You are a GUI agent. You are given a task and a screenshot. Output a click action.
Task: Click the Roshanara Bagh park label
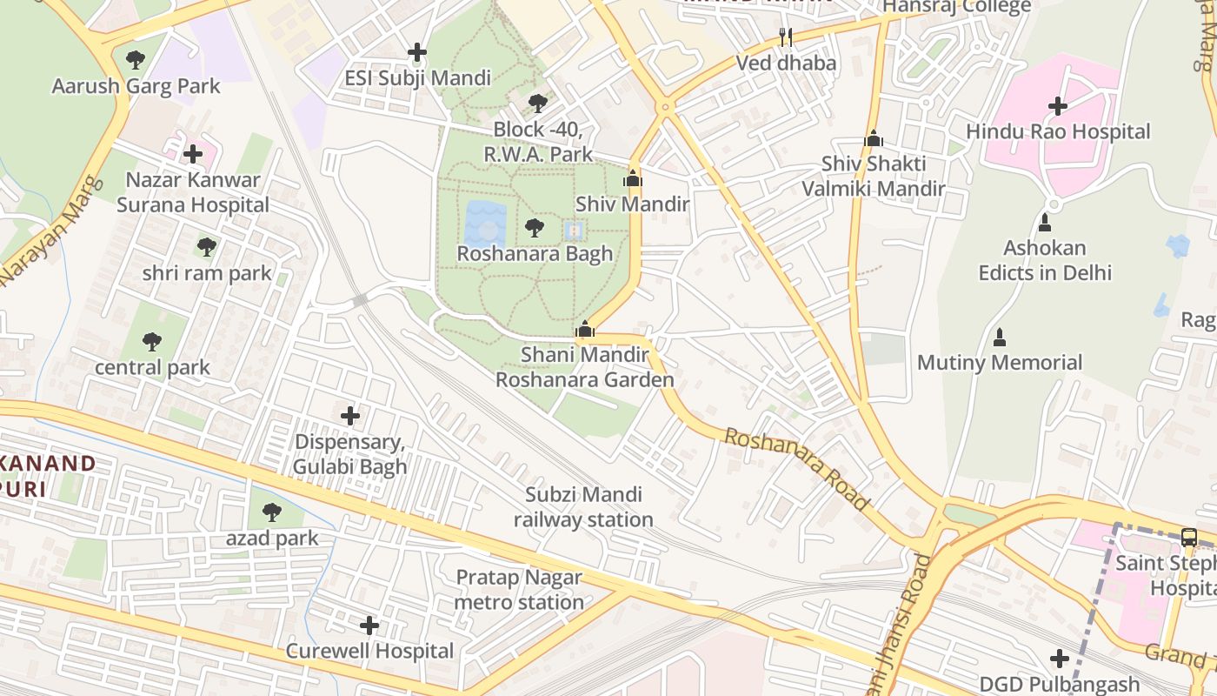tap(535, 254)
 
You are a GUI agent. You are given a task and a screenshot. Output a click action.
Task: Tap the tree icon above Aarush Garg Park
tap(135, 60)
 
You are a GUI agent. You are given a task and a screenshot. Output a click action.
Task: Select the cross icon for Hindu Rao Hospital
tap(1057, 106)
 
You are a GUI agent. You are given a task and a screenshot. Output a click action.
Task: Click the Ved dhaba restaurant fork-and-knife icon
tap(786, 37)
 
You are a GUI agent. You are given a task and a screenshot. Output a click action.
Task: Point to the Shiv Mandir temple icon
tap(632, 179)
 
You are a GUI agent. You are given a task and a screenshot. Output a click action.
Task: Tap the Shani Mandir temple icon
tap(585, 329)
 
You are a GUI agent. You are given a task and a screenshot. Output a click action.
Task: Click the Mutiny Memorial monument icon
tap(1000, 337)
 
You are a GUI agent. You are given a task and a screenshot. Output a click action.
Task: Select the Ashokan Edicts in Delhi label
tap(1045, 260)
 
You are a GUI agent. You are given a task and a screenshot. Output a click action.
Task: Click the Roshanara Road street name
tap(796, 468)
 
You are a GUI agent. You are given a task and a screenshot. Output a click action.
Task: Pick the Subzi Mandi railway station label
tap(583, 507)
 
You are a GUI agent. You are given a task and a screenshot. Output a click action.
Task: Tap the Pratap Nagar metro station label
tap(519, 590)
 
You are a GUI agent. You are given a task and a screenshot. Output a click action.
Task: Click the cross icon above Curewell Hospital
tap(369, 625)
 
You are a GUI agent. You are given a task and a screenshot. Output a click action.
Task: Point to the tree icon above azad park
tap(272, 512)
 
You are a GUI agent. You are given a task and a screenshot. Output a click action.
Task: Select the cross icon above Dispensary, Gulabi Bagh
tap(350, 416)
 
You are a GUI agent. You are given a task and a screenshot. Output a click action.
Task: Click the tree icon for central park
tap(152, 341)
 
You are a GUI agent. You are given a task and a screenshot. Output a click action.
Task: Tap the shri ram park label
tap(207, 273)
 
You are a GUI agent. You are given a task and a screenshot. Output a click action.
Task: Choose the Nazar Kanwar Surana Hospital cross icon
tap(193, 154)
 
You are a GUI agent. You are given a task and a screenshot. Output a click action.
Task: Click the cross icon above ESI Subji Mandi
tap(417, 52)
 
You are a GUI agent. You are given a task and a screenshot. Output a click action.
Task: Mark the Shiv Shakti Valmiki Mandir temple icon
tap(874, 138)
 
